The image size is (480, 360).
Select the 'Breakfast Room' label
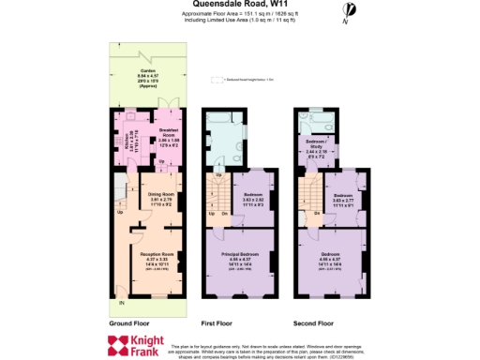point(168,129)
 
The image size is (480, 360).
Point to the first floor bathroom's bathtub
point(215,117)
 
